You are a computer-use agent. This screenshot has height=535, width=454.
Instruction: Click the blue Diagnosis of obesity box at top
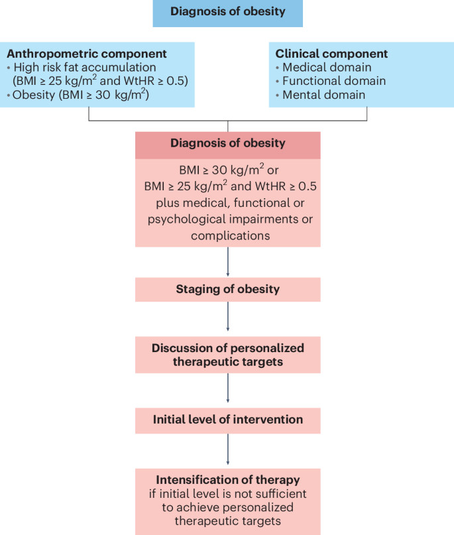(x=227, y=12)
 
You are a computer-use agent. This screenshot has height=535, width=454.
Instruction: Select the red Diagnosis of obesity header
(x=227, y=143)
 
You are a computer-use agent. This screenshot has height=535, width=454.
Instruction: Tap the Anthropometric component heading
(x=86, y=54)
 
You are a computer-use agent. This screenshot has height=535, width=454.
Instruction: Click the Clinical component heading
(x=331, y=54)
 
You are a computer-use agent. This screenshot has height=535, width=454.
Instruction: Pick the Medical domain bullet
(x=327, y=68)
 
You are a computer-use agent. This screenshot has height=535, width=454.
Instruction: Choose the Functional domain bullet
(x=333, y=81)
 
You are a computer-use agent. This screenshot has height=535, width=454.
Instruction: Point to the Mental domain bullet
(x=323, y=95)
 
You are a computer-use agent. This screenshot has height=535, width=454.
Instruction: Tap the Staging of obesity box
(x=227, y=289)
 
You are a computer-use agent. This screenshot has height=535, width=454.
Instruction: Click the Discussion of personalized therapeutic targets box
(x=227, y=355)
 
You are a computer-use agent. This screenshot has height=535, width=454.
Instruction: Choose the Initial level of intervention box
(x=227, y=420)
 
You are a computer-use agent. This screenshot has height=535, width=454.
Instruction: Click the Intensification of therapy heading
(x=227, y=479)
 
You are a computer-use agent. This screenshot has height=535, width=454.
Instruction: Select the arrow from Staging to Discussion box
(x=228, y=318)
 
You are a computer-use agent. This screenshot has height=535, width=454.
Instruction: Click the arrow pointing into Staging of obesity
(x=228, y=262)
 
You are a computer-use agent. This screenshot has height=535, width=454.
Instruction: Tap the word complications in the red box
(x=227, y=235)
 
